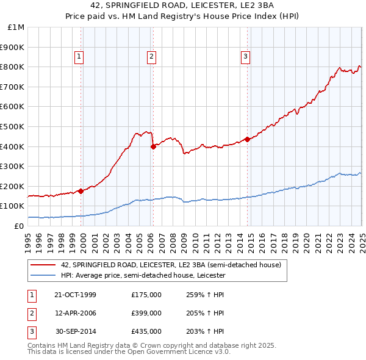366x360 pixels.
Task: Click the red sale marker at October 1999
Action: point(81,191)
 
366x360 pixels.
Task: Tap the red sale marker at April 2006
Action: point(153,146)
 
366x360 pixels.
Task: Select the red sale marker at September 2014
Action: point(247,139)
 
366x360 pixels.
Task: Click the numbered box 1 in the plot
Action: point(79,57)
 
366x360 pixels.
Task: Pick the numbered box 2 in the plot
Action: point(151,57)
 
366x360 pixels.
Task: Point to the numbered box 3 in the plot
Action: point(245,57)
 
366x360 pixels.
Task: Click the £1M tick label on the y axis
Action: point(16,27)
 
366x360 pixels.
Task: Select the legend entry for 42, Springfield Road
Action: point(171,265)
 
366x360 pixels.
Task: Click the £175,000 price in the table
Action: point(146,295)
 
